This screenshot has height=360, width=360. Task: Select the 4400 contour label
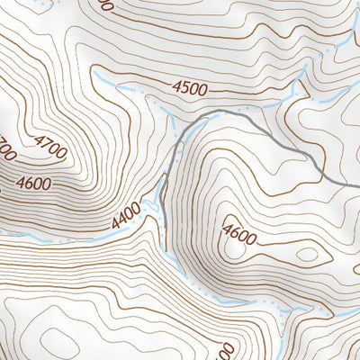[127, 213]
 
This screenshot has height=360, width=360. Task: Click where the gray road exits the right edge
[356, 184]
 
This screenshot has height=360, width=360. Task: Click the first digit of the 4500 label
[175, 85]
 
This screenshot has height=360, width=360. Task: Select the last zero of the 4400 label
[137, 208]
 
